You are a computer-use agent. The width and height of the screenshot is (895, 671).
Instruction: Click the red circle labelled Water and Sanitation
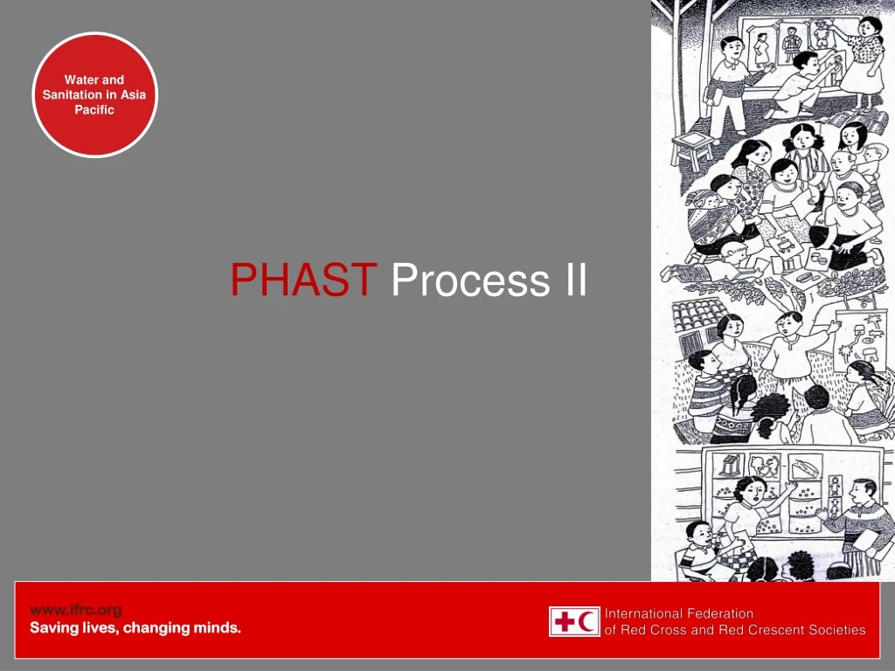point(95,94)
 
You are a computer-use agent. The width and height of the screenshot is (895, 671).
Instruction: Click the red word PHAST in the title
point(303,280)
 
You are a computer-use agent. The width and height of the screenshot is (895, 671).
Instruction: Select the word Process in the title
point(463,280)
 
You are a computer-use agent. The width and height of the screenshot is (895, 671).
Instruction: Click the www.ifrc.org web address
point(76,610)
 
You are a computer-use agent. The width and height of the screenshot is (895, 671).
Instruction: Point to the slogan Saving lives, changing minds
point(135,627)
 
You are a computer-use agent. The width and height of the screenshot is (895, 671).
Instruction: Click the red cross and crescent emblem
point(574,621)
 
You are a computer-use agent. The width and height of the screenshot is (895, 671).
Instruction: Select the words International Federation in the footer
point(679,613)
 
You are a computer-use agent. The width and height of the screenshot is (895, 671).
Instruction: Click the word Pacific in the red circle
point(94,110)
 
